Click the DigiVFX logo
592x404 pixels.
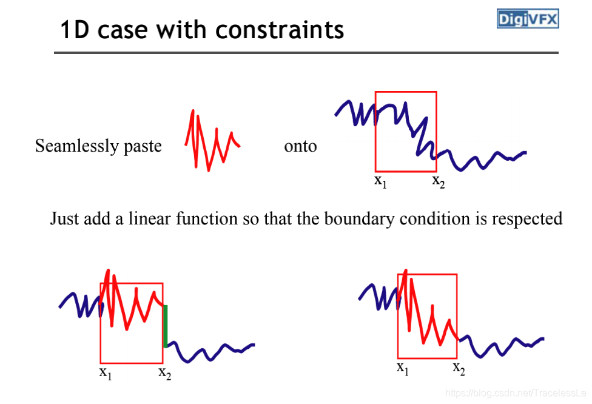click(528, 18)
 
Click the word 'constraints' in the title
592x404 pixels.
click(280, 30)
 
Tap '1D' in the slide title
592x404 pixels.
click(75, 30)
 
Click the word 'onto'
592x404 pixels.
click(300, 147)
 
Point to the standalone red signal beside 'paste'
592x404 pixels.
click(212, 141)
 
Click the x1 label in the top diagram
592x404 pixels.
click(380, 181)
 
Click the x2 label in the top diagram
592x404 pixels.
click(439, 181)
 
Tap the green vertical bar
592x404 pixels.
click(166, 326)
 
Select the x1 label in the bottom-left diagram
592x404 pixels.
click(106, 373)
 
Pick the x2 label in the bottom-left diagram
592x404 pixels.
click(164, 373)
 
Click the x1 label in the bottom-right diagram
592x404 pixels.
click(403, 368)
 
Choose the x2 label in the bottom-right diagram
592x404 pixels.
click(459, 368)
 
